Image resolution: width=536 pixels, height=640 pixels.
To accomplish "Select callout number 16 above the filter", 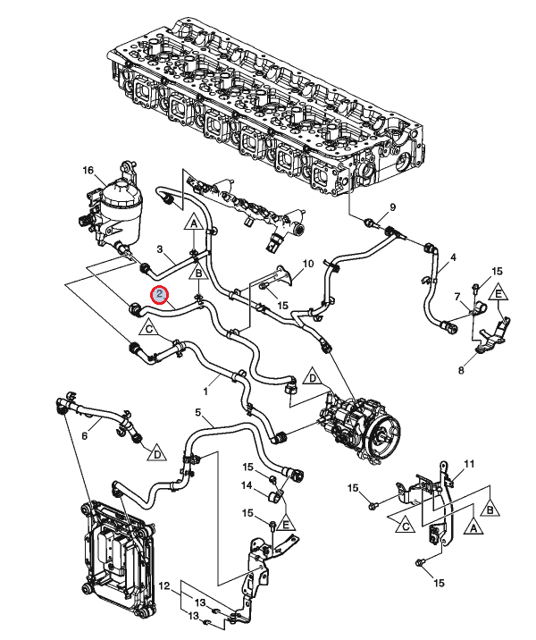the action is click(88, 170).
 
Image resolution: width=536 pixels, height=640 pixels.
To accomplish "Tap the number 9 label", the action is click(392, 207).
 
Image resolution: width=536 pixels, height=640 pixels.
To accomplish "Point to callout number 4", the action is click(453, 257).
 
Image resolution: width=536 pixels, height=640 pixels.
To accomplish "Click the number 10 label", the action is click(308, 264).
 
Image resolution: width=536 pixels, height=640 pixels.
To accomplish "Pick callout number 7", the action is click(457, 296).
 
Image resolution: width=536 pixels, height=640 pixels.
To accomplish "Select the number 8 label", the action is click(461, 370).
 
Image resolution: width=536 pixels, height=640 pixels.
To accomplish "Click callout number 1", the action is click(205, 392).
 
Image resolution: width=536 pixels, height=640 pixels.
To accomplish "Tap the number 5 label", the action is click(197, 413).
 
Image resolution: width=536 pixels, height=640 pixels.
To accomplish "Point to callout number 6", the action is click(85, 436).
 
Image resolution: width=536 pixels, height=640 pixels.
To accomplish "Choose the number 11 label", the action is click(470, 464).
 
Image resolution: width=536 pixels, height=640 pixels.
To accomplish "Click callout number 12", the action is click(164, 586).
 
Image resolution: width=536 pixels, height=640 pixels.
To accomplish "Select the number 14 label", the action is click(247, 485).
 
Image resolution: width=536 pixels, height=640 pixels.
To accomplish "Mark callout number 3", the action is click(160, 249).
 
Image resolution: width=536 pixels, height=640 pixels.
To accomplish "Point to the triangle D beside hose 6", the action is click(157, 452).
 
